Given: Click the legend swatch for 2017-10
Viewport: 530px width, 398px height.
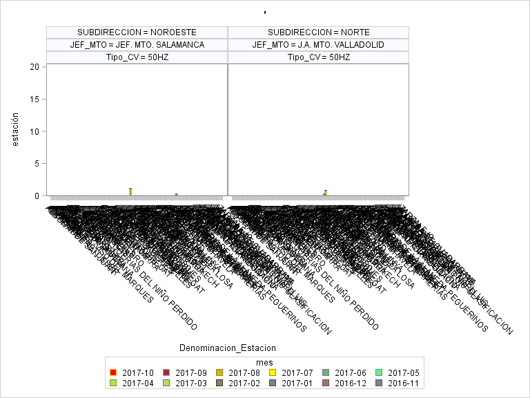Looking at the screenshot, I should click(114, 373).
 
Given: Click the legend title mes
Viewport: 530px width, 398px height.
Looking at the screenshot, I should click(264, 362).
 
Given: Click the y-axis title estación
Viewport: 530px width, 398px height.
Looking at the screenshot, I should click(15, 129).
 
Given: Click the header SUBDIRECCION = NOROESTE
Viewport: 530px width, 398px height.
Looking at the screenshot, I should click(137, 32).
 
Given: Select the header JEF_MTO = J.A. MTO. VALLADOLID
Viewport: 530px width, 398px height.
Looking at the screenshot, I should click(318, 45).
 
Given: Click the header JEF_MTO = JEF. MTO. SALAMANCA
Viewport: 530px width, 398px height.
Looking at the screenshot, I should click(137, 45).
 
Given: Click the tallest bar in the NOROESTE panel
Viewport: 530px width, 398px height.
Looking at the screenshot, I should click(130, 192).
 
